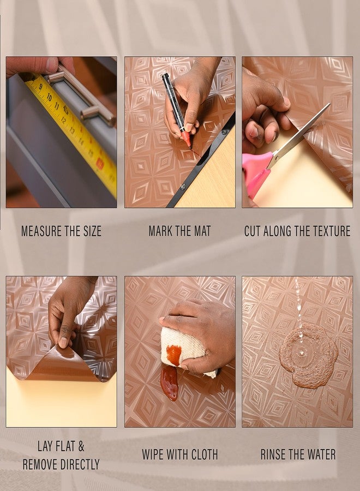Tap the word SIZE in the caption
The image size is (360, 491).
92,231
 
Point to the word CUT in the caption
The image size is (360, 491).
253,231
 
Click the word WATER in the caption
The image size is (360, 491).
321,454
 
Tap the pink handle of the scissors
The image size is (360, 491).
256,171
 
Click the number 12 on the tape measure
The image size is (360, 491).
64,119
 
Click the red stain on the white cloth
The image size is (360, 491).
174,355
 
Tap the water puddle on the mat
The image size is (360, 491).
308,356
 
